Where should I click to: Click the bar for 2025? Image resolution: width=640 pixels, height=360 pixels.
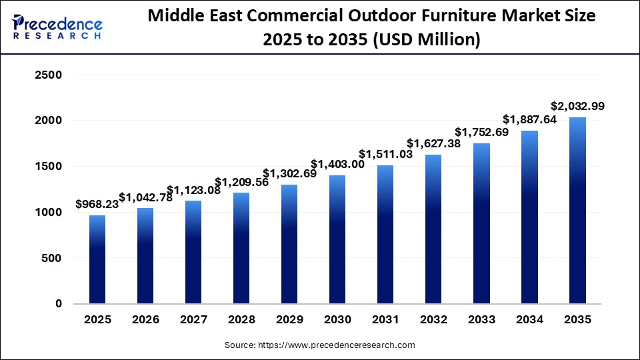pos(97,259)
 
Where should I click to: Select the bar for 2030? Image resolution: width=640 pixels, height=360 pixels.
pos(337,239)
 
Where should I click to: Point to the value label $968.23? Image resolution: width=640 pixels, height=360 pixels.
pos(97,204)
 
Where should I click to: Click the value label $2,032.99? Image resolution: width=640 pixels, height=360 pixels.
pos(577,106)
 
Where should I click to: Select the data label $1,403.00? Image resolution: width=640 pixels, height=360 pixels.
pos(337,164)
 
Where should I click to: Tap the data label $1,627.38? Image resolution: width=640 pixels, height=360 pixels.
pos(433,143)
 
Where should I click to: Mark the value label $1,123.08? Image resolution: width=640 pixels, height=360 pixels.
pos(193,190)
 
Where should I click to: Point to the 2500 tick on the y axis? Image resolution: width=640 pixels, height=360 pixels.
pos(48,75)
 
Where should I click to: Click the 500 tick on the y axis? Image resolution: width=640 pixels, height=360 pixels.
pos(52,258)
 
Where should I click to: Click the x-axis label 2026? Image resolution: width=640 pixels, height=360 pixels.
pos(145,320)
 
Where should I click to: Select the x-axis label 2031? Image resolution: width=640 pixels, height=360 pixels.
pos(385,320)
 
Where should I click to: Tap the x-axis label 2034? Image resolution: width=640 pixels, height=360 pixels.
pos(529,320)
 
